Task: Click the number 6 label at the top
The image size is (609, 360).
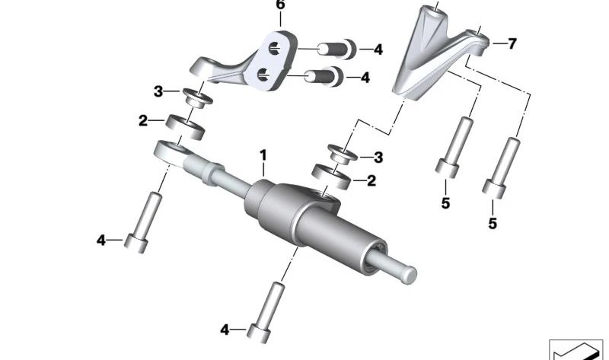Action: pos(280,6)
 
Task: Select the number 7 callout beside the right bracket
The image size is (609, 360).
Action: pos(511,43)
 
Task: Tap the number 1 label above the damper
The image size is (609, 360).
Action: pos(263,157)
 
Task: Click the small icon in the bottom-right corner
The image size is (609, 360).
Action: pos(575,349)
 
